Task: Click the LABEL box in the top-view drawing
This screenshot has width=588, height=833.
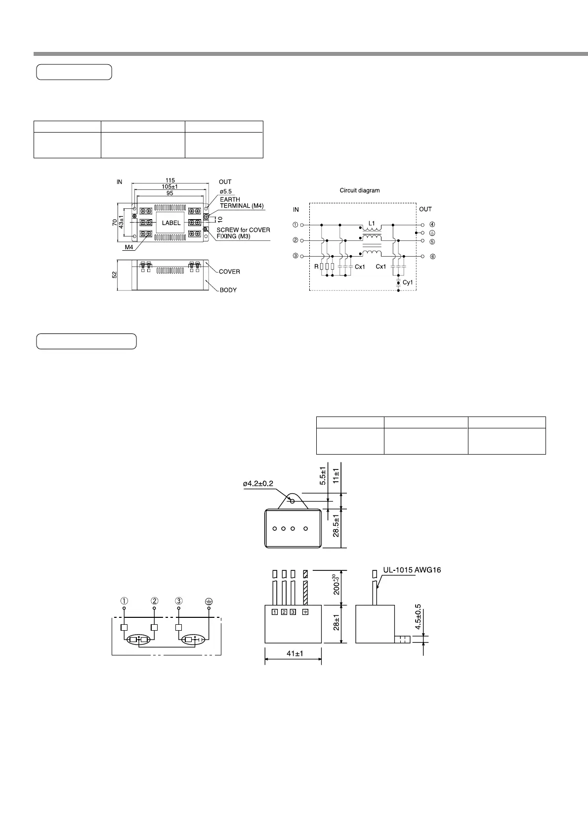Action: coord(171,223)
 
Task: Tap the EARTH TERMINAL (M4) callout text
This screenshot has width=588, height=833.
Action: coord(242,203)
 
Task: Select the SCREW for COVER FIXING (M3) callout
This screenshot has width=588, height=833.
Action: coord(243,233)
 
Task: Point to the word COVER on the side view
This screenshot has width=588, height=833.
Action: coord(229,272)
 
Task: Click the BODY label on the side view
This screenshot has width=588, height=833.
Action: coord(228,290)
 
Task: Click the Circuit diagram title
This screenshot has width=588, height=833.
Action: coord(360,190)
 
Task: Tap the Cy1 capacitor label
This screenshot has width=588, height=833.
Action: coord(407,282)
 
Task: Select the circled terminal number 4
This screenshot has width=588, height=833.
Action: coord(432,225)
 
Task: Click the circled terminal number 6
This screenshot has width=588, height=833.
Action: coord(432,257)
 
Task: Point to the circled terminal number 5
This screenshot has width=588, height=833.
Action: coord(432,242)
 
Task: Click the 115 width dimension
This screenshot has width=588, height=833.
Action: coord(170,181)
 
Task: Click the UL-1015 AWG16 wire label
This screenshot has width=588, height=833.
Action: coord(412,570)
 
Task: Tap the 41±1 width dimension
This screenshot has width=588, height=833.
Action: coord(295,654)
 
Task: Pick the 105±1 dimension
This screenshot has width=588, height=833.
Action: coord(170,187)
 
